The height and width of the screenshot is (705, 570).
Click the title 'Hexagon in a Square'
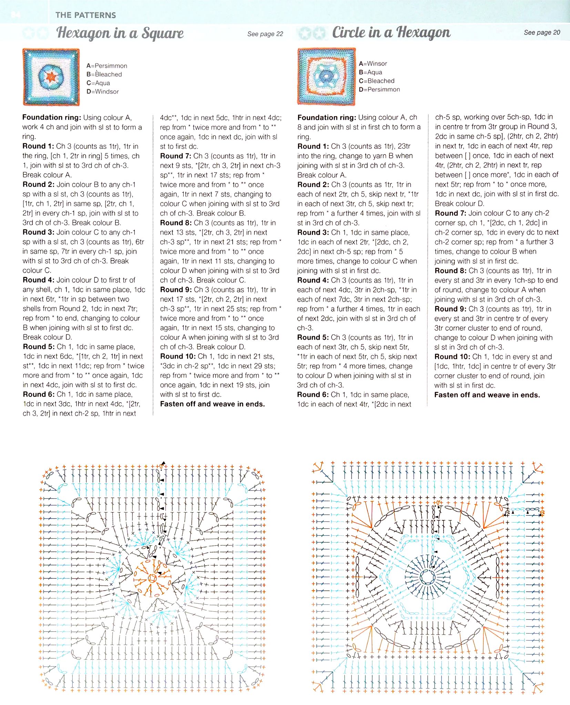click(x=120, y=33)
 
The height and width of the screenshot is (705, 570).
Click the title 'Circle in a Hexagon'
click(x=391, y=32)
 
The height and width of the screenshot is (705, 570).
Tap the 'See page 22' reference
click(x=265, y=34)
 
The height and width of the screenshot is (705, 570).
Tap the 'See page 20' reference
click(x=542, y=32)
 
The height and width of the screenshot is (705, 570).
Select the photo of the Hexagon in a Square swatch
click(x=51, y=77)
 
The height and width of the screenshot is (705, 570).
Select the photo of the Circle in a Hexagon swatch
click(x=326, y=76)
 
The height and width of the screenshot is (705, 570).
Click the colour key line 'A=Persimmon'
click(x=107, y=66)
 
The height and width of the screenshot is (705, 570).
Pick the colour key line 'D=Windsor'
click(x=103, y=91)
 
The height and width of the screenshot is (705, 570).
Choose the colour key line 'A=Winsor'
click(x=373, y=63)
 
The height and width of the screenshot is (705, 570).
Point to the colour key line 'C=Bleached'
click(x=377, y=81)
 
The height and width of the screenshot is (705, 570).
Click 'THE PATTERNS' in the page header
click(x=85, y=15)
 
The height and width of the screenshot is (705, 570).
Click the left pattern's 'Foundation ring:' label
click(x=52, y=117)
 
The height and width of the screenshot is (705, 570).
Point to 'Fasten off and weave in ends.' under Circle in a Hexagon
click(x=487, y=395)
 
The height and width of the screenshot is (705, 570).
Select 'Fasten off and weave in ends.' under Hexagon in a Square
click(x=213, y=404)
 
